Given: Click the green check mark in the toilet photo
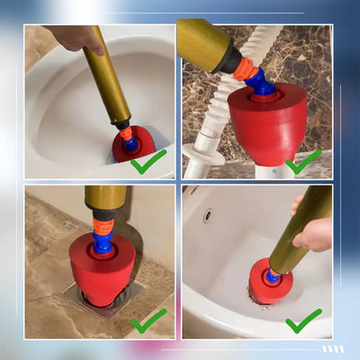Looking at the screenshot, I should pos(148,162).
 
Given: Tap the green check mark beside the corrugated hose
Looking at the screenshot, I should pos(304,162).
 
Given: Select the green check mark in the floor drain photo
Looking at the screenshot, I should pos(148,320).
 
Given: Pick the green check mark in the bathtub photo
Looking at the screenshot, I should pos(303,320).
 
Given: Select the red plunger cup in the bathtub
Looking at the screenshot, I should pos(267,283).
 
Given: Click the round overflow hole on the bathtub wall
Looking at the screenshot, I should pos(208,216).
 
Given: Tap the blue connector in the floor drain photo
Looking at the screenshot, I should pos(103,236).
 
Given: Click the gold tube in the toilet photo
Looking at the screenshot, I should pos(106,76).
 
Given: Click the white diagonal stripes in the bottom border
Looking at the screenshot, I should pos(334,348).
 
